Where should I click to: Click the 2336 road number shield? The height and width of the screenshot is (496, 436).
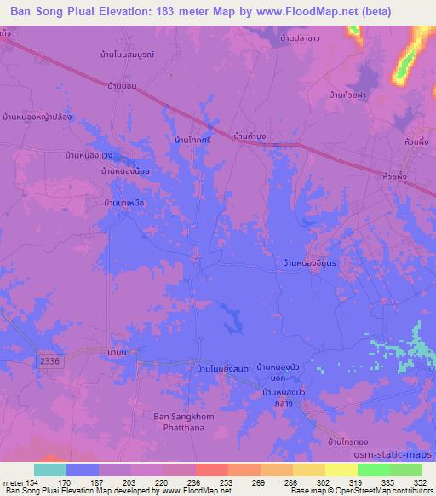click(x=51, y=362)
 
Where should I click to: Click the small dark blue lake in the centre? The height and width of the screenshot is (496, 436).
click(x=231, y=322)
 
